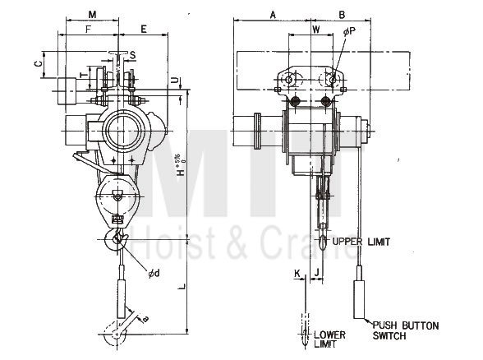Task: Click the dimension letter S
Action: pos(133,56)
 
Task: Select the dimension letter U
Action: pos(177,80)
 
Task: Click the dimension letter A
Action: pos(272,14)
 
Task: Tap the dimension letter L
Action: pos(182,284)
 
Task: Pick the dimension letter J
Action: pos(315,271)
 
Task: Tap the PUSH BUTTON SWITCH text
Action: pos(400,329)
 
